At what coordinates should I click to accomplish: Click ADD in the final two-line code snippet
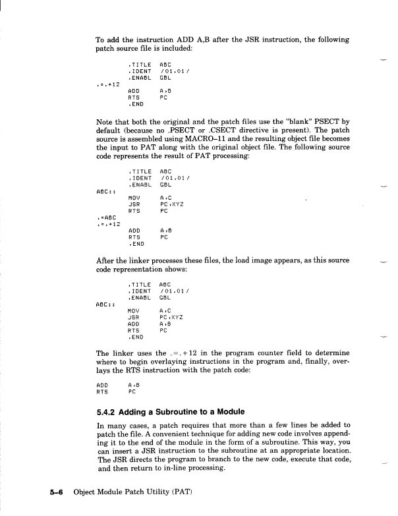tap(102, 384)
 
